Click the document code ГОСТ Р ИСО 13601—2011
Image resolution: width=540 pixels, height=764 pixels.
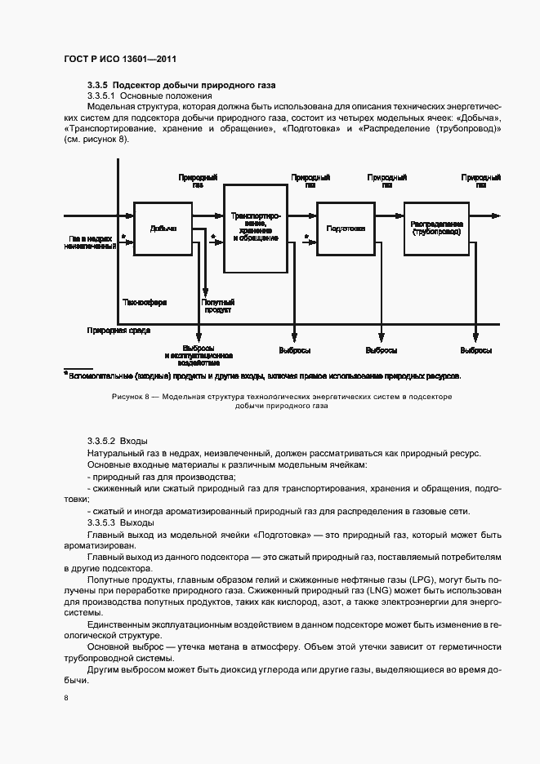pyautogui.click(x=120, y=60)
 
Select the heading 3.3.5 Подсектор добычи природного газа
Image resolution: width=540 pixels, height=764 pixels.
pyautogui.click(x=181, y=85)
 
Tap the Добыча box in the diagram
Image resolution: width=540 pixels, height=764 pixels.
pyautogui.click(x=163, y=229)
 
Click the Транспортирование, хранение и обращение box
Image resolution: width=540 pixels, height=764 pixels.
pyautogui.click(x=256, y=227)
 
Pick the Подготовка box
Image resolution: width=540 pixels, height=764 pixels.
pyautogui.click(x=345, y=229)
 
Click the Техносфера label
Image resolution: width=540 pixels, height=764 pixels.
pyautogui.click(x=145, y=302)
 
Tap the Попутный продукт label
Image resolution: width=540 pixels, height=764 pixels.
pyautogui.click(x=218, y=306)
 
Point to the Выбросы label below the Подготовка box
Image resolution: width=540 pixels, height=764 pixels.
pyautogui.click(x=382, y=350)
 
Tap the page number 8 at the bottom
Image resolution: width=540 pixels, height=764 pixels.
pyautogui.click(x=66, y=699)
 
